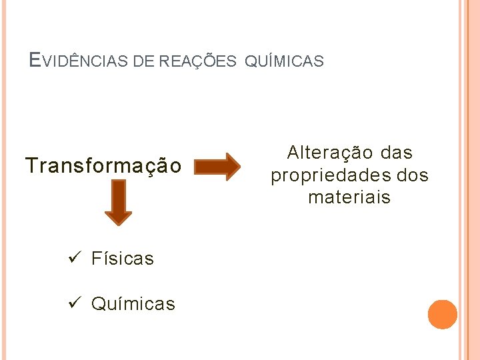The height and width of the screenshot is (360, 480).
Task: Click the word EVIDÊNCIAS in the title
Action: (80, 61)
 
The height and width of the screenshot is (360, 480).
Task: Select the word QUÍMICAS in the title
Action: (285, 61)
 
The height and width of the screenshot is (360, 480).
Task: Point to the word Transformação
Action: (103, 165)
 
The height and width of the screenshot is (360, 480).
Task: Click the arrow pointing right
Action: (217, 166)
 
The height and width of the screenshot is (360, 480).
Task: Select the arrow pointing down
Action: (118, 203)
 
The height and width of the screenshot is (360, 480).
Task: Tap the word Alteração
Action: (330, 153)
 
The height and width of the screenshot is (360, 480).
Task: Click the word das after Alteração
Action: (397, 153)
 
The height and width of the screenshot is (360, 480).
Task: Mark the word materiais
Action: (349, 197)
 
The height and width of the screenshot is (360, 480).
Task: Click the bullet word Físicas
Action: (123, 259)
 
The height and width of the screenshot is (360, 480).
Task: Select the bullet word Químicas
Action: (133, 304)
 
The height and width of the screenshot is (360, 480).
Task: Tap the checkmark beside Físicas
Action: (75, 258)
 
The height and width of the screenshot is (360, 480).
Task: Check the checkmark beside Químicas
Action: (75, 303)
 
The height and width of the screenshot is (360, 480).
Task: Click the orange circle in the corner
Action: (442, 315)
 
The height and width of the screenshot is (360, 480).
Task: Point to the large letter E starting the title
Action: (35, 61)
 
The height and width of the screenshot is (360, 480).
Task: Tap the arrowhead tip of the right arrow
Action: (239, 166)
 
